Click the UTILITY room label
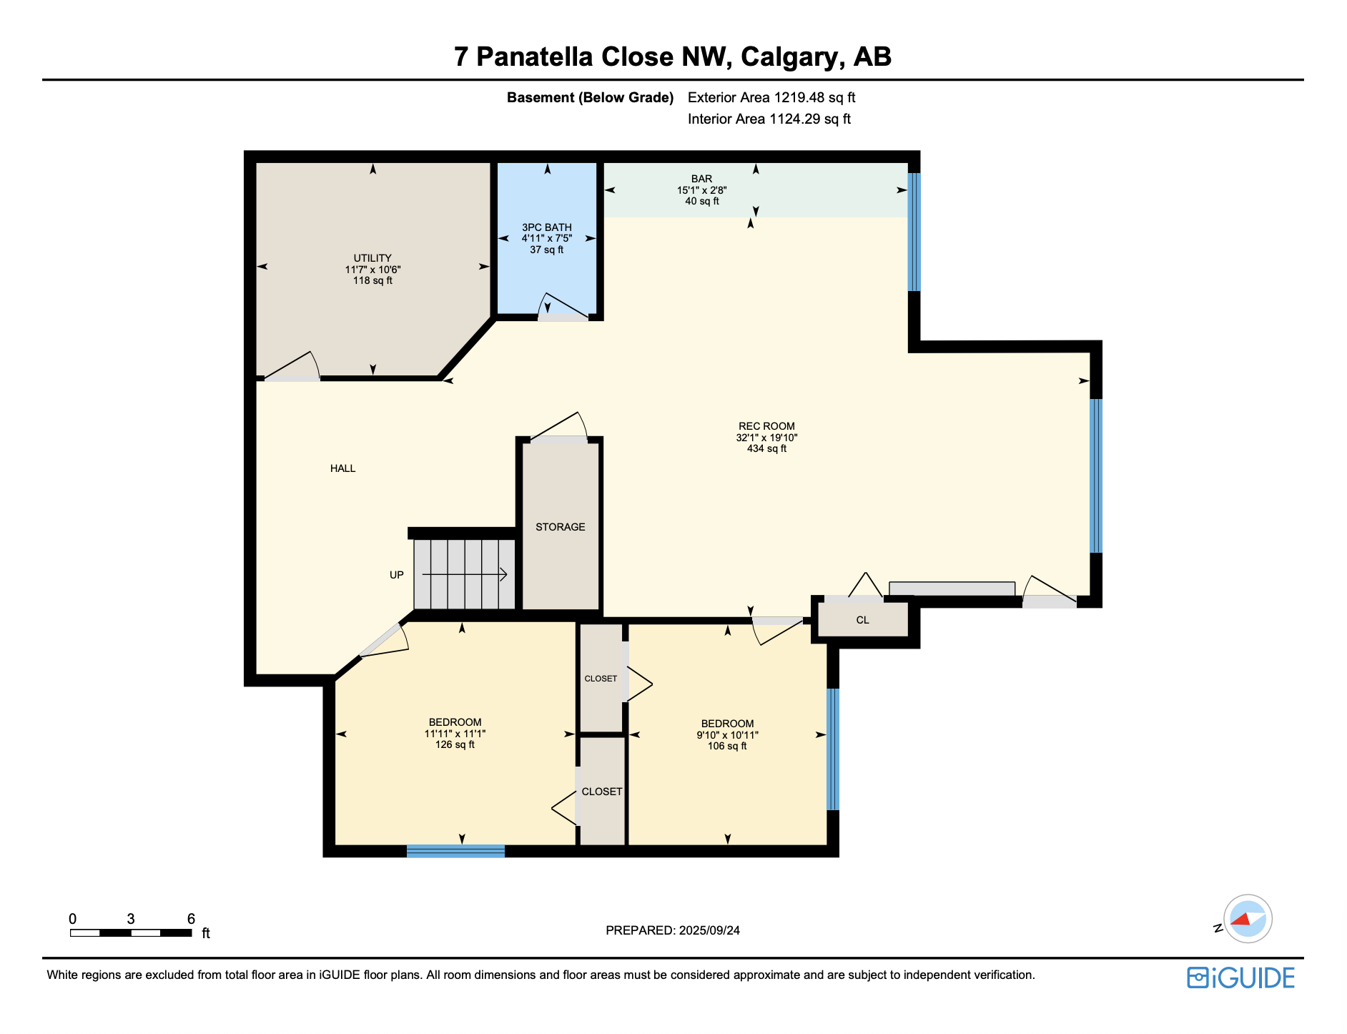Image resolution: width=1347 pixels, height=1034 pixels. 372,258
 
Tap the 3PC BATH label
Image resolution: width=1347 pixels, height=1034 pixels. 546,227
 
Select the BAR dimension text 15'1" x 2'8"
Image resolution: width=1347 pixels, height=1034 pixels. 701,190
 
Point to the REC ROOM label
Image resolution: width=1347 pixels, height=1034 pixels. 766,426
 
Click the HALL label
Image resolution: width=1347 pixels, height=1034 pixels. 342,468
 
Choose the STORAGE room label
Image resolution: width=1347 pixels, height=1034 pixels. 560,527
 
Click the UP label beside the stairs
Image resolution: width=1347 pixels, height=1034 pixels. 396,575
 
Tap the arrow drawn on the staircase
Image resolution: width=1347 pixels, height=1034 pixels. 465,574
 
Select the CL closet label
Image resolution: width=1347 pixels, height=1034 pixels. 862,620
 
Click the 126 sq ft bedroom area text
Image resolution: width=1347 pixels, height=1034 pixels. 455,745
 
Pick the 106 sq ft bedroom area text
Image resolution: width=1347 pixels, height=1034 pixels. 727,747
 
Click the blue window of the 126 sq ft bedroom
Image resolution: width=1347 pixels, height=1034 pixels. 455,851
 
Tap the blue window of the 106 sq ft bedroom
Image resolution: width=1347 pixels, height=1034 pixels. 833,749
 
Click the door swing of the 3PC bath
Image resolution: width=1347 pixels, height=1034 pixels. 563,307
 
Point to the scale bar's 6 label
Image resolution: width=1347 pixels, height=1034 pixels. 191,919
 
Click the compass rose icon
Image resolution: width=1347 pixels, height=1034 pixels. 1248,919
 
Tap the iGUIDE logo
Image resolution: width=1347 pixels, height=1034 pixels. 1240,978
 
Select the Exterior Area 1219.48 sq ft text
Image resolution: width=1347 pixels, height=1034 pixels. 771,98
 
